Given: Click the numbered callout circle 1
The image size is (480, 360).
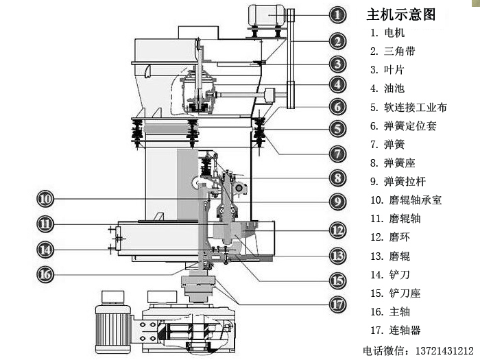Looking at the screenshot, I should pos(337,14).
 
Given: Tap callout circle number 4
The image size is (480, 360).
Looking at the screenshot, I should pos(337,84).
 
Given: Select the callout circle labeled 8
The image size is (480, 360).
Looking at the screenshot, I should pos(337,178).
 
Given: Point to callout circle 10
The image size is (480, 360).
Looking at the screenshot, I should pos(46,199).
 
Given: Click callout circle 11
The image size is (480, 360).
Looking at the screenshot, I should pos(46,224).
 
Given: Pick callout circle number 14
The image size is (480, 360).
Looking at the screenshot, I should pos(46,248).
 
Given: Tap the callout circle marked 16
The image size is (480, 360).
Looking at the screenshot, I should pos(46,273).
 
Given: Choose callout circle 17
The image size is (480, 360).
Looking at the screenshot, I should pos(337,303).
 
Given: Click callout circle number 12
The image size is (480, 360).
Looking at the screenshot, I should pos(337,230).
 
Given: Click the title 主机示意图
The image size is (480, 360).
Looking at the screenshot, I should pos(401,14).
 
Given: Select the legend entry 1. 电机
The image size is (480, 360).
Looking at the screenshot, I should pos(387,32).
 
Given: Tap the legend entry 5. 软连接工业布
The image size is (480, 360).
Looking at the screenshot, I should pos(408,107).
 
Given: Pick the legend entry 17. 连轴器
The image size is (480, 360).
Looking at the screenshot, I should pos(394,330).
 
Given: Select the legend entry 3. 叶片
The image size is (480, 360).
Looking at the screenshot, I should pos(387,69).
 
